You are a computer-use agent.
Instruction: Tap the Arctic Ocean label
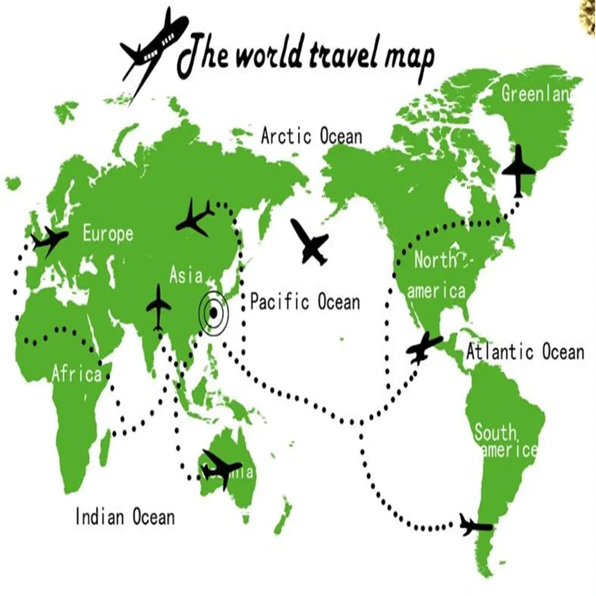(311, 136)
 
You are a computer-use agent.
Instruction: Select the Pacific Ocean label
(305, 302)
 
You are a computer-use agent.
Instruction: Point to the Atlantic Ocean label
(524, 352)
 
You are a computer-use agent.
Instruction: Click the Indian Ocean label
(125, 516)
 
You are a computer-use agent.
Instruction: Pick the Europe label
(108, 233)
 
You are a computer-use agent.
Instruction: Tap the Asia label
(185, 276)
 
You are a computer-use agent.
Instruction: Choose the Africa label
(76, 374)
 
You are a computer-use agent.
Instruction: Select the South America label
(505, 441)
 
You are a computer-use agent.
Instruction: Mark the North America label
(436, 276)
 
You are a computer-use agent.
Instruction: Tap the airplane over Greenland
(519, 170)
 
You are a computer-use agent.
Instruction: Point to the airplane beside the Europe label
(49, 240)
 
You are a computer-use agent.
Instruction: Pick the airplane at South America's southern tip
(475, 526)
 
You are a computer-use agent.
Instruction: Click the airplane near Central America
(424, 347)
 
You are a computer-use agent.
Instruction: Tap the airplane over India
(159, 306)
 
